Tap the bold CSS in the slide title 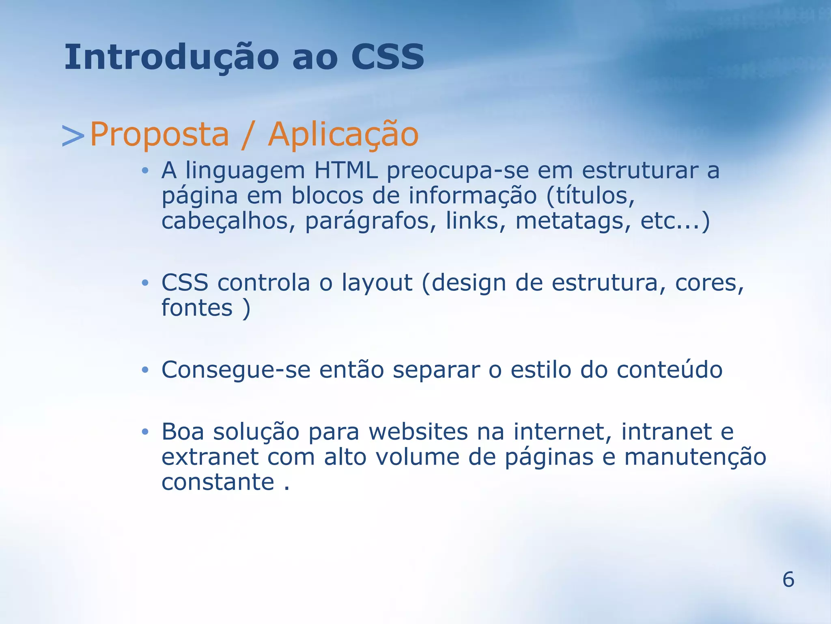[x=387, y=57]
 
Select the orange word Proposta [x=159, y=135]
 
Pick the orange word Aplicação [x=343, y=135]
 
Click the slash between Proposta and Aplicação [x=248, y=135]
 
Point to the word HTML [x=346, y=170]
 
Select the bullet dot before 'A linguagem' [x=145, y=171]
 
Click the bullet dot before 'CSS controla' [x=145, y=283]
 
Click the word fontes [x=197, y=308]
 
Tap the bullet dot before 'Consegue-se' [x=145, y=370]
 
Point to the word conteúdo [x=669, y=370]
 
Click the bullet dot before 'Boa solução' [x=145, y=432]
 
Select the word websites [x=418, y=432]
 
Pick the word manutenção [x=695, y=457]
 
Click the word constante [x=218, y=483]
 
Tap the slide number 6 [x=788, y=579]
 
